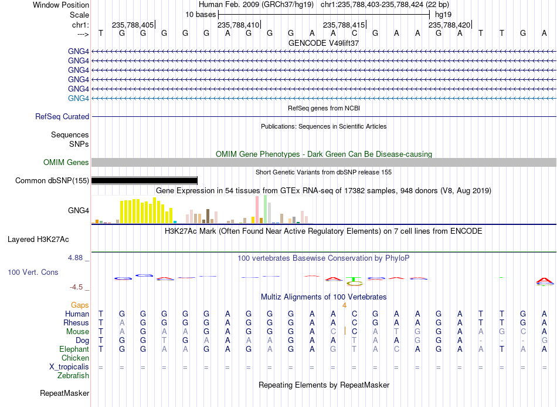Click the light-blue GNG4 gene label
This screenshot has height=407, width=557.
point(78,98)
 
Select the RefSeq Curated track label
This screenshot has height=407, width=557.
point(62,117)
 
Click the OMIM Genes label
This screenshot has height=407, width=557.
point(66,162)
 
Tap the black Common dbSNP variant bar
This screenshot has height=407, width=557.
point(144,180)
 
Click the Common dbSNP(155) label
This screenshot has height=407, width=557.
point(52,181)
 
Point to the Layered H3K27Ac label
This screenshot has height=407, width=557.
point(38,240)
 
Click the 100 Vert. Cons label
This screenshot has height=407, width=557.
point(33,272)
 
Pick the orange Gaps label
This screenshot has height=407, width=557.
point(80,305)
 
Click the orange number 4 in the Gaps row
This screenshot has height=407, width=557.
point(344,305)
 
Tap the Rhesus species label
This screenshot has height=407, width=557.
point(76,322)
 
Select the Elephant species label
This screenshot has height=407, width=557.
point(74,349)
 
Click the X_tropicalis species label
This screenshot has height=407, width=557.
point(69,367)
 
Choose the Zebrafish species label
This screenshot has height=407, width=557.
point(73,376)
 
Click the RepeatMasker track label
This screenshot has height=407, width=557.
point(64,393)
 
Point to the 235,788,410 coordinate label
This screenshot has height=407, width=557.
point(239,25)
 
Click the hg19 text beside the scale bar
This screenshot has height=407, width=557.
point(443,15)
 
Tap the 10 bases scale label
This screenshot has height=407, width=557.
point(201,15)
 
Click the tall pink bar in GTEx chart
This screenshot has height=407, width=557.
point(257,210)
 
